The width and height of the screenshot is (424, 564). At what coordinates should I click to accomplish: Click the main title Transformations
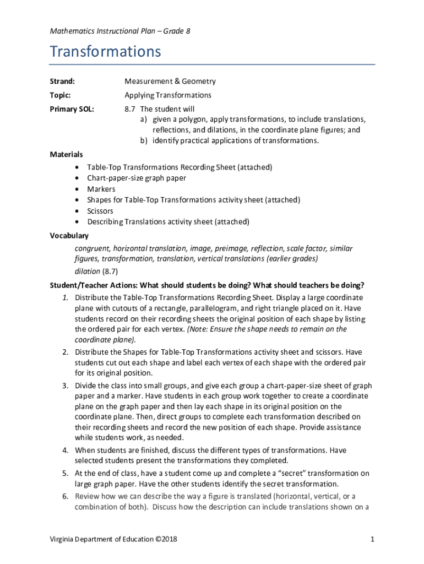105,52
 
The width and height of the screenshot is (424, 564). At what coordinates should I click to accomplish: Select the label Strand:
62,82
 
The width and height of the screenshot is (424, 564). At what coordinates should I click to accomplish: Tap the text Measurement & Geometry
170,82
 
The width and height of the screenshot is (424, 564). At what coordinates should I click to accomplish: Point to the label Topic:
61,95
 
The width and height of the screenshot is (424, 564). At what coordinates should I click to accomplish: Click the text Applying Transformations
167,95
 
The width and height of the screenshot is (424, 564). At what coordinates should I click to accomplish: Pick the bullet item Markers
101,189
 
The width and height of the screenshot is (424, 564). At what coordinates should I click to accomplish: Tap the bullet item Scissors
100,211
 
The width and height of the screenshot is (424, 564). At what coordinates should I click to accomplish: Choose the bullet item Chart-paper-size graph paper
137,178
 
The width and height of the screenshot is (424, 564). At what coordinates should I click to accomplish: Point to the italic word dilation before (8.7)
87,272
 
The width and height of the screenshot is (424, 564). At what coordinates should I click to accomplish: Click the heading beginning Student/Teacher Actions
207,285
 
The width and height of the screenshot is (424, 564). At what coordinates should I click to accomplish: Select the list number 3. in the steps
65,385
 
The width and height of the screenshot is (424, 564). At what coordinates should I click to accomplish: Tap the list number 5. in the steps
65,473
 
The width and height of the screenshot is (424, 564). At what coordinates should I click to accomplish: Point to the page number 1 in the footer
372,539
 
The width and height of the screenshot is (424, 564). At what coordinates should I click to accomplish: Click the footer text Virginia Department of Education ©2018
114,539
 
